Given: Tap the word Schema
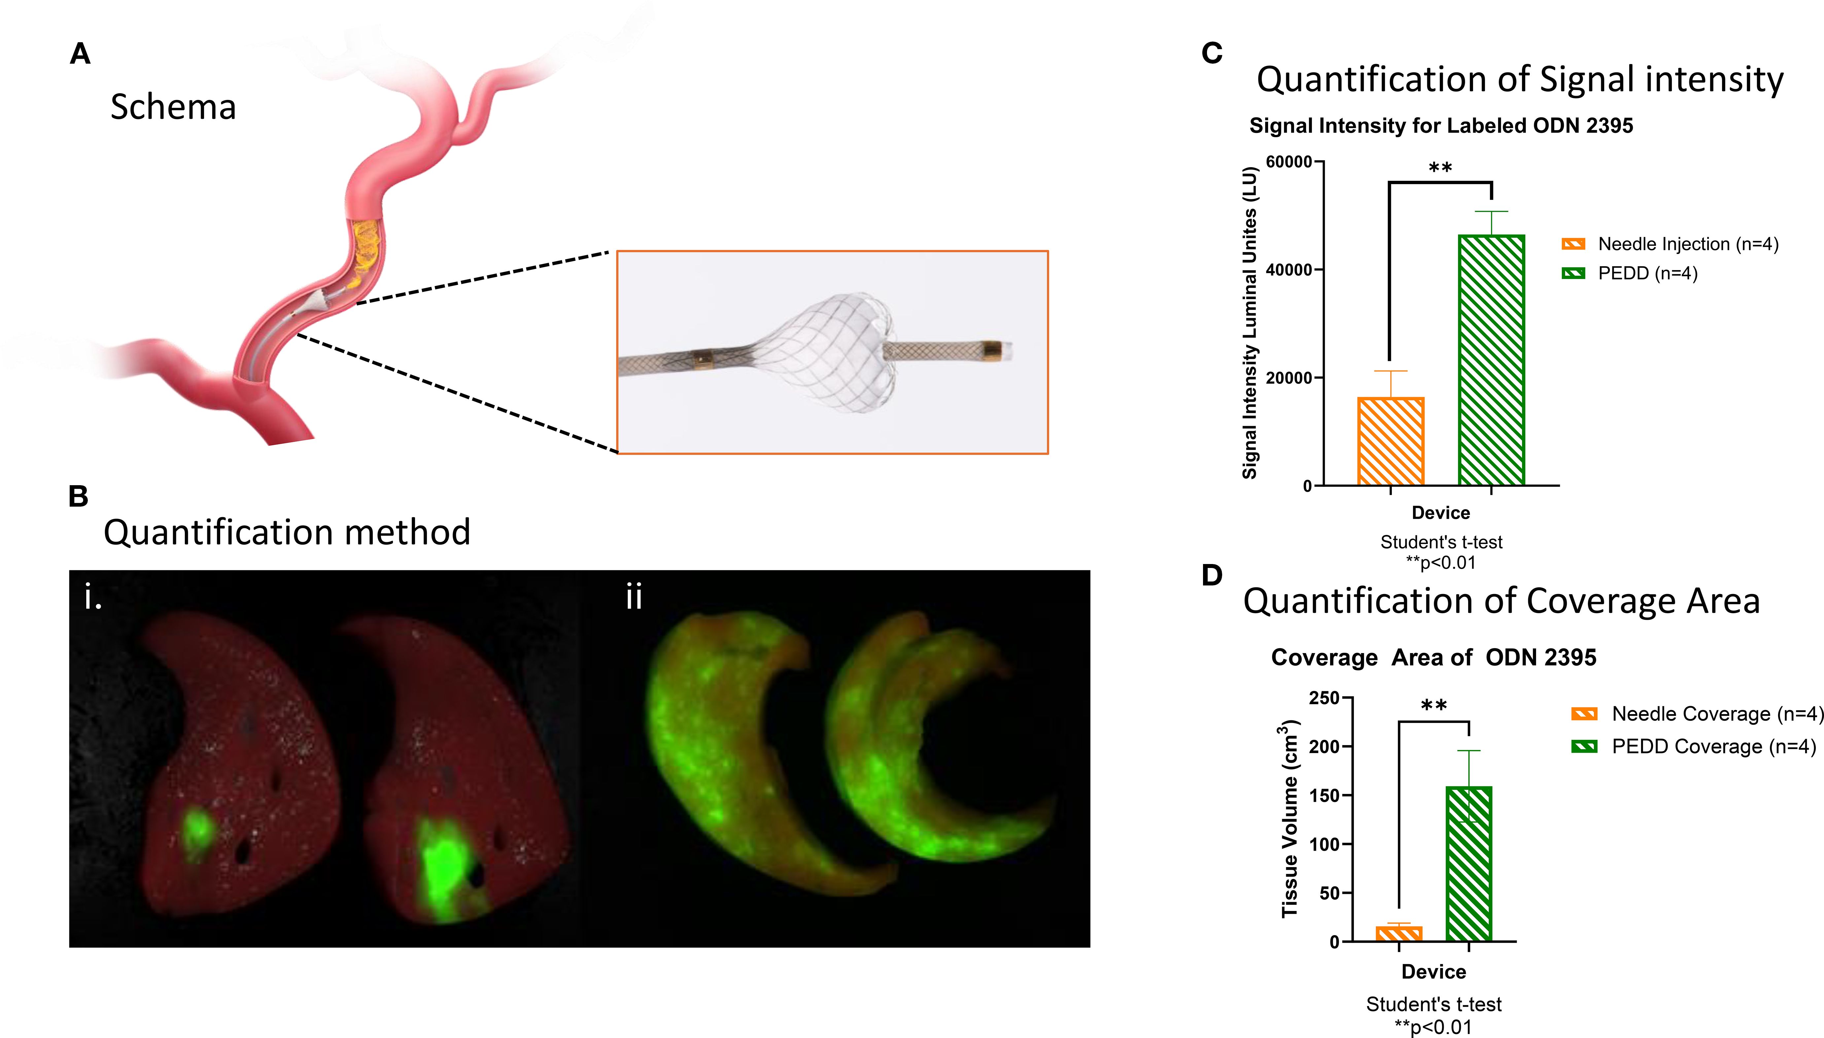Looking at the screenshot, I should click(173, 107).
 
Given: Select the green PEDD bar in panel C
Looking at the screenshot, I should click(1491, 360).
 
